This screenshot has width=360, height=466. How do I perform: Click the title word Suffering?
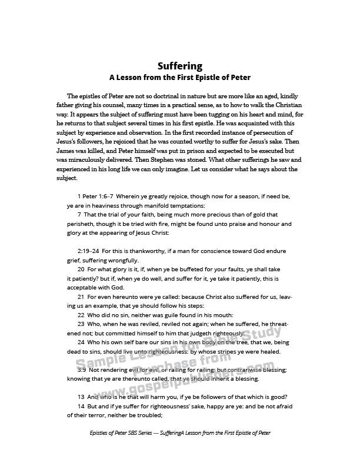click(180, 66)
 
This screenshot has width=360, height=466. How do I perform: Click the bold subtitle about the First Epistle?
click(180, 77)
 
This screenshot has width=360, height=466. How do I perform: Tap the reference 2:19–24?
click(88, 251)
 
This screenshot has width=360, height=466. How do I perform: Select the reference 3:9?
click(82, 370)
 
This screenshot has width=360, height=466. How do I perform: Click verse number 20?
click(81, 269)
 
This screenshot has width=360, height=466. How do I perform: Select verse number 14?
click(81, 407)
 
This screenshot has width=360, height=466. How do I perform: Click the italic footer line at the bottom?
click(180, 450)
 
